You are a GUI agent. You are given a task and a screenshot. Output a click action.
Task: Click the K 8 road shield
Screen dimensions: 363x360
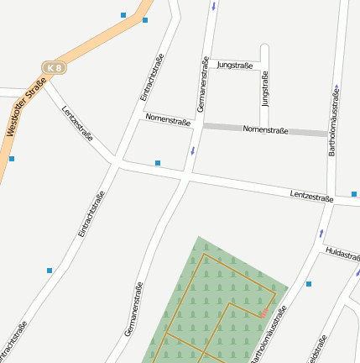pos(55,67)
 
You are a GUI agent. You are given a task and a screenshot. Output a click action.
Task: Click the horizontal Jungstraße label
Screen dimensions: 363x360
pos(235,65)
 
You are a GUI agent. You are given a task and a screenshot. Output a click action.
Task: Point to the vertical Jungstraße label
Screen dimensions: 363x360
pos(266,89)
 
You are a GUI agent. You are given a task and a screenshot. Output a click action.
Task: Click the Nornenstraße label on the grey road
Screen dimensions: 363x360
pos(265,130)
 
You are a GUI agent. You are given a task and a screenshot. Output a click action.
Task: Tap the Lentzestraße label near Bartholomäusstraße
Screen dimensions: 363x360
pos(311,196)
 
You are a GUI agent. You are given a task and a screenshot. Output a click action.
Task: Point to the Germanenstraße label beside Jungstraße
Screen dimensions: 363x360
pos(202,84)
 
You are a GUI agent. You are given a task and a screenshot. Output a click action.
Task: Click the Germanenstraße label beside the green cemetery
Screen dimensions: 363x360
pos(133,309)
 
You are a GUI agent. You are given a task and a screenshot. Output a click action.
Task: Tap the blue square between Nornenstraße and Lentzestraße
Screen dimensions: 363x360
pos(158,163)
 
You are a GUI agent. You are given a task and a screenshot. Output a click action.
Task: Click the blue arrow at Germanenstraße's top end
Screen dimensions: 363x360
pos(213,7)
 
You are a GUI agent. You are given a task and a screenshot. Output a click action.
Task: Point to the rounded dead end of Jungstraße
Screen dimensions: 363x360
pos(264,47)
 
